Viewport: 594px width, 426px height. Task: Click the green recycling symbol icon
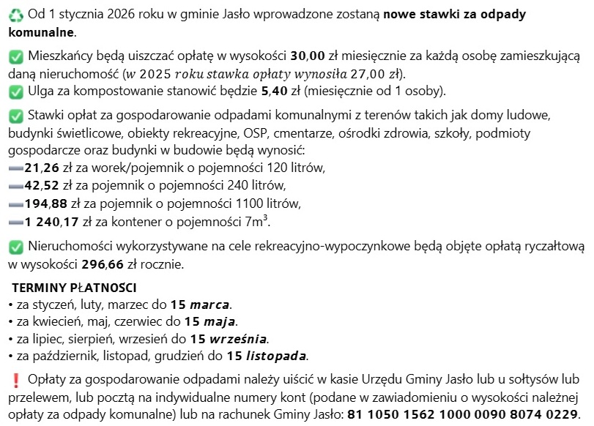[15, 15]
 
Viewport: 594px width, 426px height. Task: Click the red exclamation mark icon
[15, 380]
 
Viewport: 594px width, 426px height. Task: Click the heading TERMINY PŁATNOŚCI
[74, 288]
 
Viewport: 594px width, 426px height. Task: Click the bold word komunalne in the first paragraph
[40, 33]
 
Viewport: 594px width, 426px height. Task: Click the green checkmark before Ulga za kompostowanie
[15, 92]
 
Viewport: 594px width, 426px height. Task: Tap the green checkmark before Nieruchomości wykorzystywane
[15, 246]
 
